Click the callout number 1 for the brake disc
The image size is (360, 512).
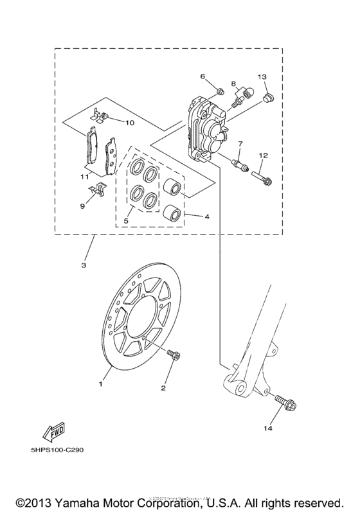pyautogui.click(x=100, y=384)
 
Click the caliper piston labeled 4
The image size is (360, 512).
pyautogui.click(x=172, y=187)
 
